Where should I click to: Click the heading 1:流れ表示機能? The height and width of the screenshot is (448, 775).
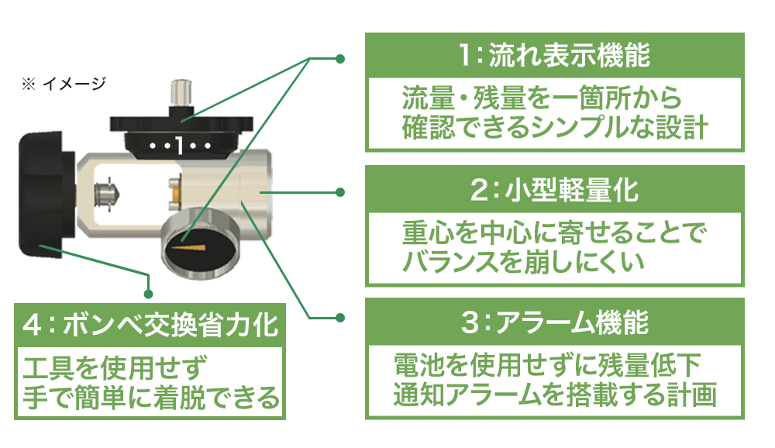coord(554,54)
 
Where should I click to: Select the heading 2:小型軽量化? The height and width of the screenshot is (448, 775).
coord(554,189)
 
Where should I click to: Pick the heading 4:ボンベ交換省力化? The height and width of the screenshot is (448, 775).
coord(150,325)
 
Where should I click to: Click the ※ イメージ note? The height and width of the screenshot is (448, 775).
coord(64,84)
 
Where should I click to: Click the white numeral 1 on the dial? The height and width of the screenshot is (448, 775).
coord(180,146)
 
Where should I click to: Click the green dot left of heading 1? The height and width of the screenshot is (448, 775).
coord(340,59)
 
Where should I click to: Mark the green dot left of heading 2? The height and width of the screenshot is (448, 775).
coord(340,192)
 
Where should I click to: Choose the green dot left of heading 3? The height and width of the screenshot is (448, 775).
coord(340,318)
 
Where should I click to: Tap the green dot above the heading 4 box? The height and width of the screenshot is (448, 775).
coord(148,295)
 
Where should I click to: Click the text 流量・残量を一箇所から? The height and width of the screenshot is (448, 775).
coord(542,98)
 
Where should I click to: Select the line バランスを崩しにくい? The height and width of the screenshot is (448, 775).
coord(523,261)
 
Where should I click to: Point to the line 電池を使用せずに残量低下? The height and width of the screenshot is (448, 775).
coord(546,365)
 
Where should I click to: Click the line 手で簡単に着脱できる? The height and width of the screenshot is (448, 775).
coord(151,398)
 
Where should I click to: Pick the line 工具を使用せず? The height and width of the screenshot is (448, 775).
coord(115,368)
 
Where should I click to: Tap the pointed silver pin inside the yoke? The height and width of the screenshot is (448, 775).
coord(107,194)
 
